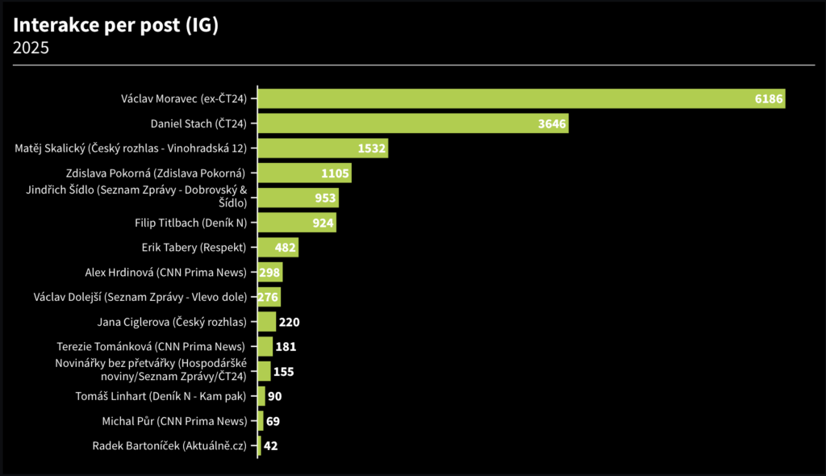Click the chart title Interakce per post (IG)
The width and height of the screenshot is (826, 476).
tap(116, 25)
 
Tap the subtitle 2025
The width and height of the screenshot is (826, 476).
tap(31, 48)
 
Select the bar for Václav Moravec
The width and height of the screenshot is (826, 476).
tap(516, 98)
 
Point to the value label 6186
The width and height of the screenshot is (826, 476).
tap(769, 98)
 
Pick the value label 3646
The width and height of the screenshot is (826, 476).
tap(553, 123)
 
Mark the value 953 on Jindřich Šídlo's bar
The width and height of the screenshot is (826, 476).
tap(325, 198)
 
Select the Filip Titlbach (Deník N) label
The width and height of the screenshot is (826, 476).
tap(190, 223)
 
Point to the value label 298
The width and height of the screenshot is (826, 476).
tap(269, 273)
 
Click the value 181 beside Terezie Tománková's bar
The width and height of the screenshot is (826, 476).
tap(286, 347)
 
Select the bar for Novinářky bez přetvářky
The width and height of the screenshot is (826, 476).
tap(264, 371)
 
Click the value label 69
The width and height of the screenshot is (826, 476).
tap(273, 421)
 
